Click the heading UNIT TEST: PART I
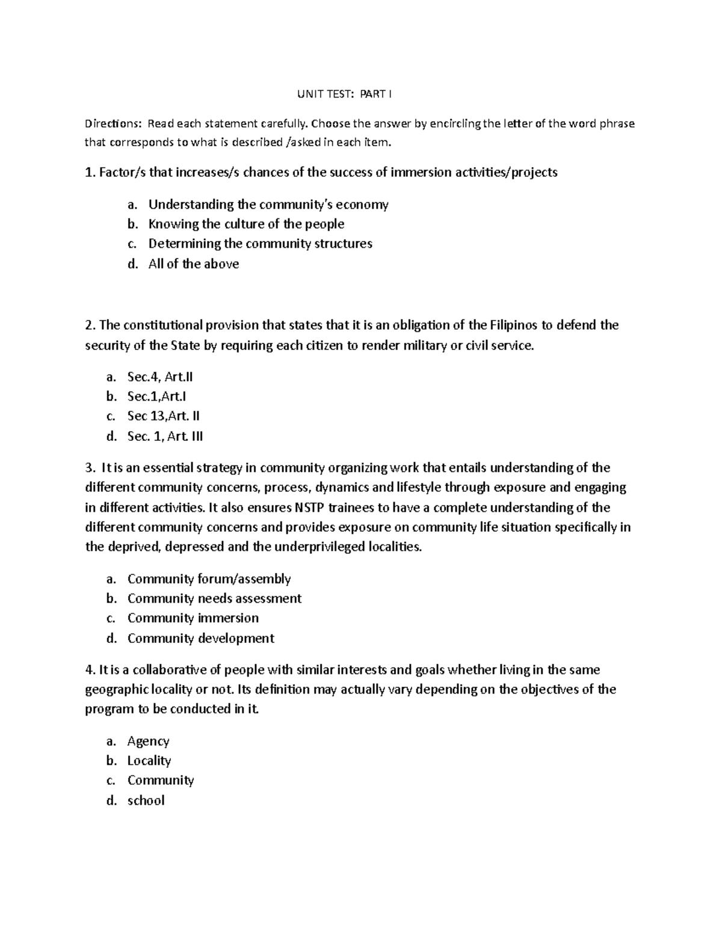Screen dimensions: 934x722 [x=345, y=94]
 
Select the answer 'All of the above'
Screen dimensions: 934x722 [x=193, y=264]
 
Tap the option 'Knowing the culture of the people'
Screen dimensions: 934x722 [x=246, y=224]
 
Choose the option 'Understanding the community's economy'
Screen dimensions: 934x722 [x=268, y=204]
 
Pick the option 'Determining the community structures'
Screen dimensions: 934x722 [x=260, y=244]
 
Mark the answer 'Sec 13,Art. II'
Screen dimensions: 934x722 [x=163, y=416]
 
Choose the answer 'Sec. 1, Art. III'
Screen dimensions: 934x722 [x=165, y=437]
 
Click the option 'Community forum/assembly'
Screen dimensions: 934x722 [x=209, y=579]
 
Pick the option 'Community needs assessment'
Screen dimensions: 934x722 [x=214, y=598]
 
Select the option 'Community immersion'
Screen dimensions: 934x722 [x=193, y=618]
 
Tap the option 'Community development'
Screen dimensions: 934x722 [x=200, y=638]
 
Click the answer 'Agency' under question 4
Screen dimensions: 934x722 [x=148, y=742]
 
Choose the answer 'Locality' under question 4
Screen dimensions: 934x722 [x=149, y=761]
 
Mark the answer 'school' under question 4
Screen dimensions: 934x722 [x=146, y=800]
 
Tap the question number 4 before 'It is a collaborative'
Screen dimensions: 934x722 [x=88, y=670]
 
